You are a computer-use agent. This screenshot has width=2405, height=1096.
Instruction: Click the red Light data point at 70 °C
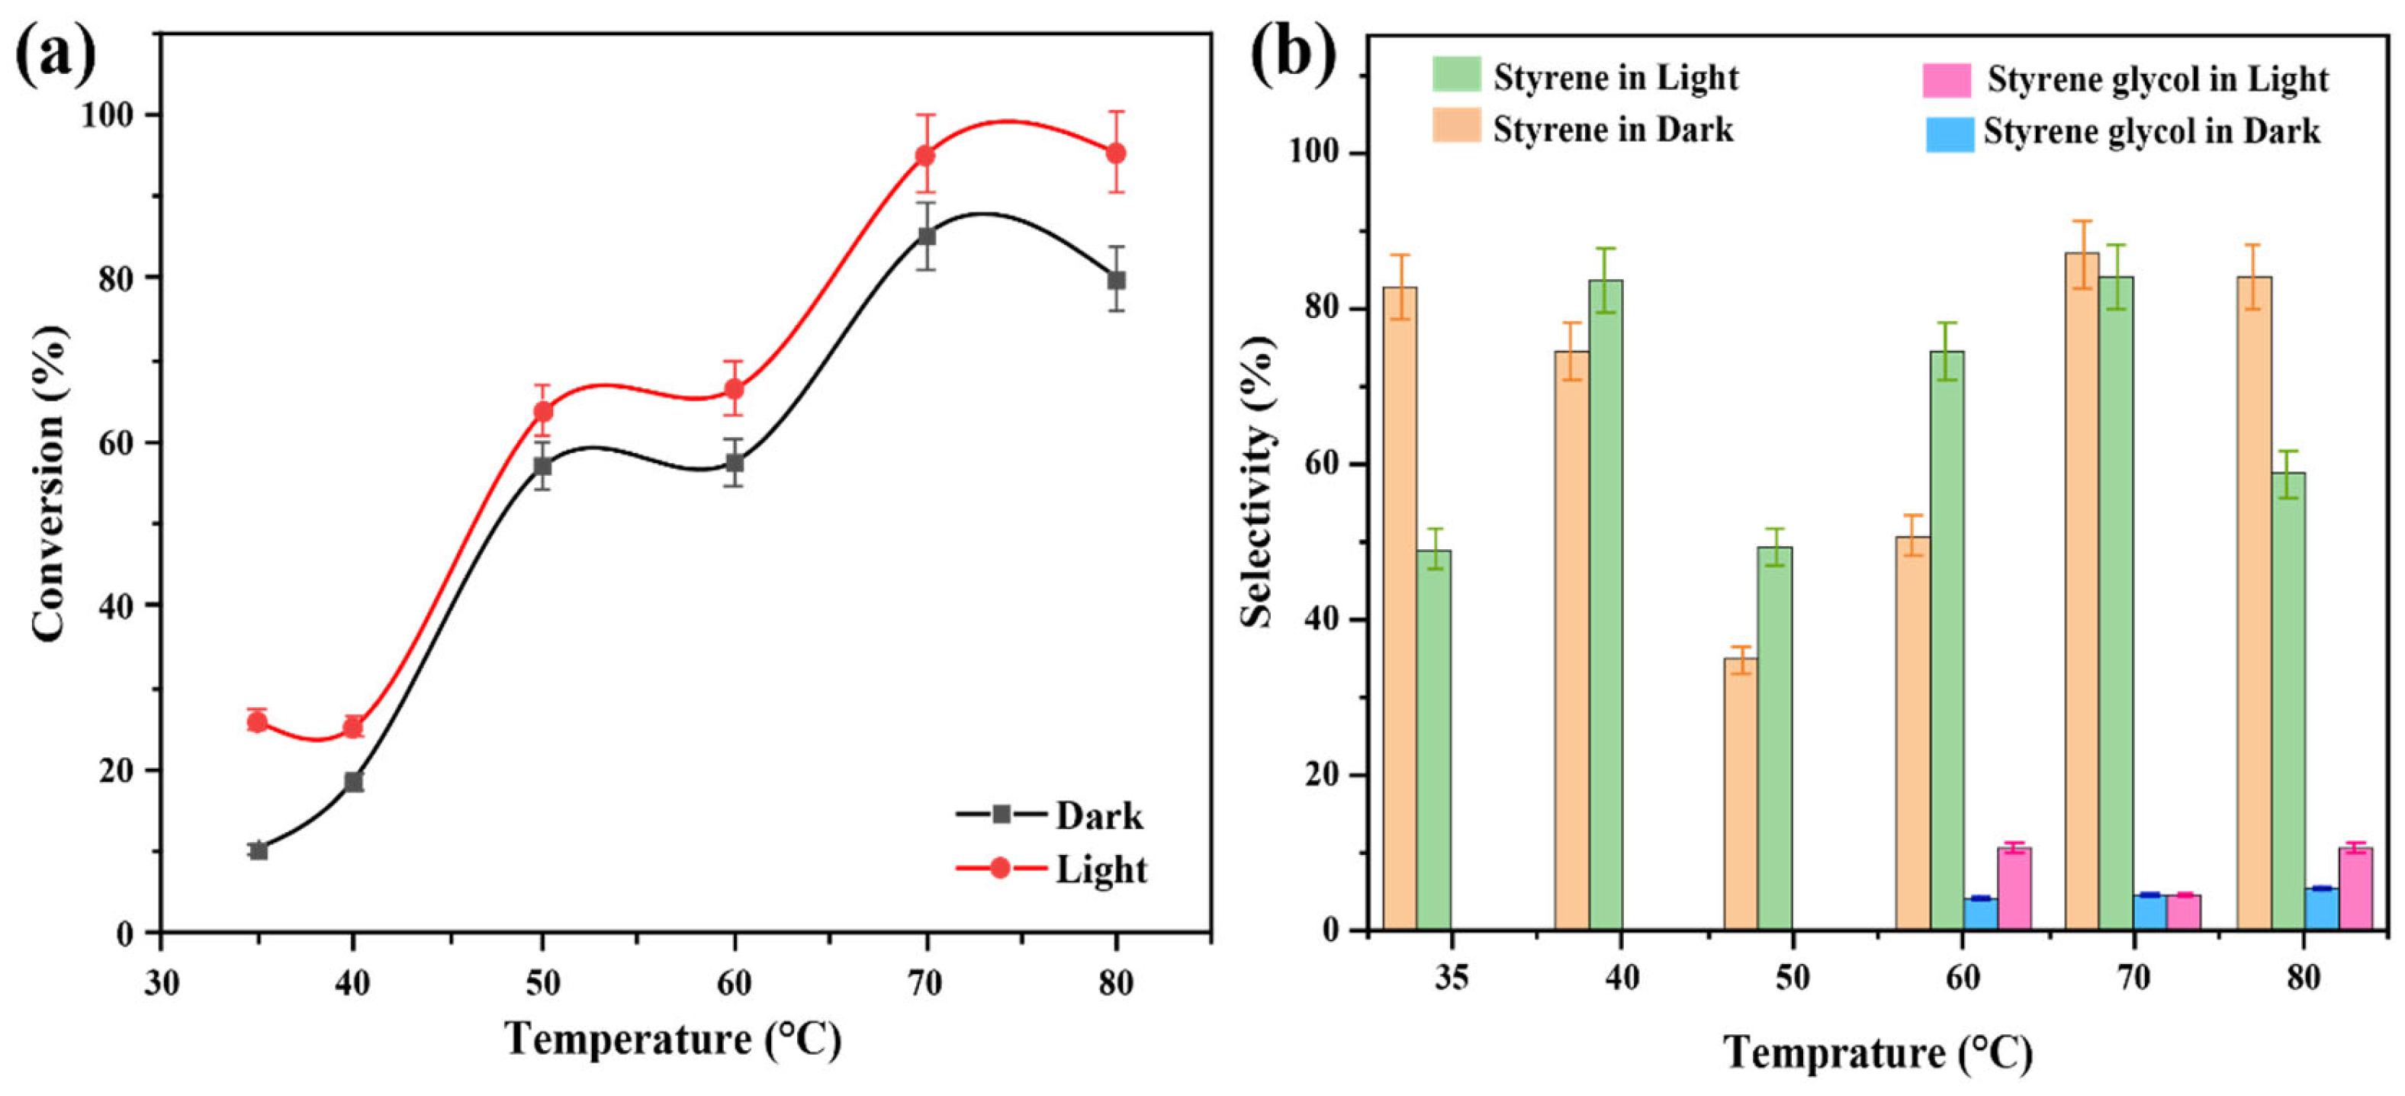point(925,155)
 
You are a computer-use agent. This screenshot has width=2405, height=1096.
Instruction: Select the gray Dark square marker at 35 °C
point(259,850)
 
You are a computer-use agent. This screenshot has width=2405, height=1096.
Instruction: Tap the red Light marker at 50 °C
point(543,411)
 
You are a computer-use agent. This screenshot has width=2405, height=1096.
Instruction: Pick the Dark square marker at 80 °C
point(1117,279)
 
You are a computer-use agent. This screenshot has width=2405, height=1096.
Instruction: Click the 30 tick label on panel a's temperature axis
point(162,982)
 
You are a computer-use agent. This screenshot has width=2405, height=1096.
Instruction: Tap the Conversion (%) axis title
point(49,484)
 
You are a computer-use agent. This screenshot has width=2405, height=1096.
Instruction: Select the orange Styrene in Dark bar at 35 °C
point(1400,607)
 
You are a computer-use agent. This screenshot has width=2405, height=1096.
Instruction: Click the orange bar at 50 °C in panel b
point(1741,793)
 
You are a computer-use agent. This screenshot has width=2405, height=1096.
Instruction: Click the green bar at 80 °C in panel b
point(2288,700)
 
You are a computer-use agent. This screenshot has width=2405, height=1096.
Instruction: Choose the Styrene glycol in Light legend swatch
point(1947,80)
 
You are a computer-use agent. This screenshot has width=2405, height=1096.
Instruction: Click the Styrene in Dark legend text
point(1612,129)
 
